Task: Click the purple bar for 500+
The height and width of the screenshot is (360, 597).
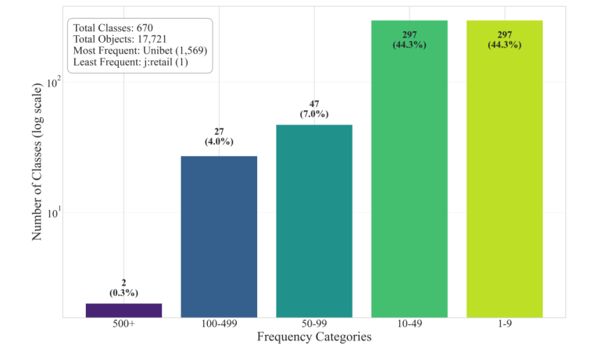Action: (123, 310)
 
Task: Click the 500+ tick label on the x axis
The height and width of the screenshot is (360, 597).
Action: (123, 324)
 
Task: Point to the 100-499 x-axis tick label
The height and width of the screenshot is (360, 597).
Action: (219, 324)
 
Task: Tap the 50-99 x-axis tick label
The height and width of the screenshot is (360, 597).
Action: (314, 324)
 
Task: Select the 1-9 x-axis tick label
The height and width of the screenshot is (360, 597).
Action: (505, 324)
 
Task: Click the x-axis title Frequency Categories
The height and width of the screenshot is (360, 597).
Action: (314, 338)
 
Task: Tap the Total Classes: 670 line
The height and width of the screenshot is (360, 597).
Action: (113, 27)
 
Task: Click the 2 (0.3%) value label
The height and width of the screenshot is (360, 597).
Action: (123, 287)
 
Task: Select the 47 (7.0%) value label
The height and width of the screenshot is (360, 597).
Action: (314, 109)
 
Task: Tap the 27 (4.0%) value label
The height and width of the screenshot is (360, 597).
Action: (219, 137)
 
